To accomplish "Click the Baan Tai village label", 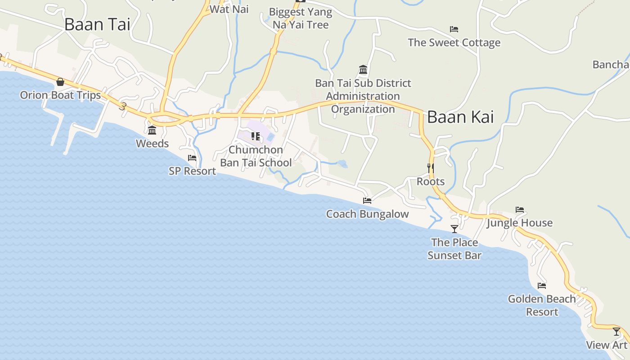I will tap(97, 25).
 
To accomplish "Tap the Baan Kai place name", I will tap(460, 117).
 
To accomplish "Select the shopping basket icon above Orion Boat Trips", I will tap(60, 82).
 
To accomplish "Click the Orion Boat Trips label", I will tap(60, 95).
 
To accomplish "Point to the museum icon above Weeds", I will tap(152, 130).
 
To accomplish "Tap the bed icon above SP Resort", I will tap(192, 158).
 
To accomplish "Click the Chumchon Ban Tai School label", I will tap(256, 156).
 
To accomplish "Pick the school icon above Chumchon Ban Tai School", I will tap(256, 136).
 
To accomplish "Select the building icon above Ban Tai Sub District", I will tap(363, 70).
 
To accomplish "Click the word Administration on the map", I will tap(363, 96).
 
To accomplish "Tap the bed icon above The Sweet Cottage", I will tap(454, 30).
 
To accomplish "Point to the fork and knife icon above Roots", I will tap(431, 168).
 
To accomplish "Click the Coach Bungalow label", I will tap(367, 214).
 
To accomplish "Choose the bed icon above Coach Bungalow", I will tap(367, 201).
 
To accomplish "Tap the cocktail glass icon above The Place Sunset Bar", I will tap(454, 229).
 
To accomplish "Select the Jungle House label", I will tap(519, 223).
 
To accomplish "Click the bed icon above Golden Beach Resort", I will tap(542, 286).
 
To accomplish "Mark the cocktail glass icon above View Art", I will tap(616, 332).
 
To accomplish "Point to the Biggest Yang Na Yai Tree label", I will tap(301, 18).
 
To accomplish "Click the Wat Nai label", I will tap(229, 9).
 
